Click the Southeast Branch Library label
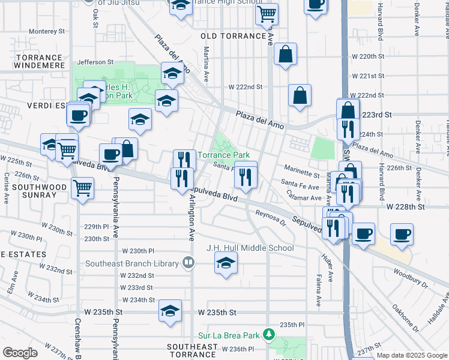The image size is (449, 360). click(131, 263)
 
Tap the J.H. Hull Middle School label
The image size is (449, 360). click(250, 248)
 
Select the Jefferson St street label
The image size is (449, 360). click(95, 62)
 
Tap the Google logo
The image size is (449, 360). click(20, 353)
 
